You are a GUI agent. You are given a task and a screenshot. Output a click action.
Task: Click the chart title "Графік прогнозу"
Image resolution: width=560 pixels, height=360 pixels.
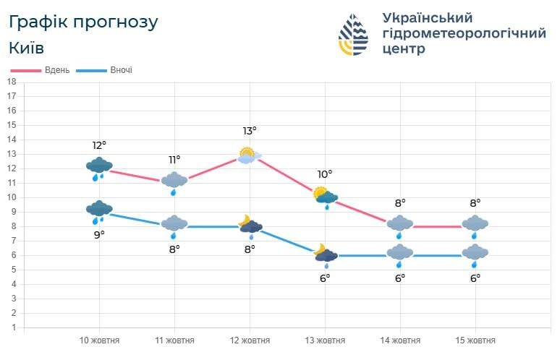[x=83, y=22]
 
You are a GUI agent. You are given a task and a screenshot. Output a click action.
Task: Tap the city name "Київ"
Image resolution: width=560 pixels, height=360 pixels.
[x=27, y=48]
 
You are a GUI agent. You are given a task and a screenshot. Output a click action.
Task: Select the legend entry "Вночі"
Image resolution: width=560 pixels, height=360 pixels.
[x=121, y=70]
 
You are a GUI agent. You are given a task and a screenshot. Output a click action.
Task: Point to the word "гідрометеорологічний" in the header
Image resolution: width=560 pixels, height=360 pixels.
[x=463, y=33]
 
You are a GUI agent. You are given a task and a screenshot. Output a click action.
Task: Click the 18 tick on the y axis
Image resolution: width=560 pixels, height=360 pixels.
[x=12, y=82]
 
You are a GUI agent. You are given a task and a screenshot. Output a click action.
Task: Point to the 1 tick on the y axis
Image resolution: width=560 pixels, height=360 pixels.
[x=12, y=327]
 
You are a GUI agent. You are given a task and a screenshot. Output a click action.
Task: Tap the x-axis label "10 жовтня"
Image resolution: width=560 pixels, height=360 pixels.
[x=99, y=340]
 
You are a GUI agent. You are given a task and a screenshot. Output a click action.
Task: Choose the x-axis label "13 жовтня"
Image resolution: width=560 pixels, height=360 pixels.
[x=325, y=340]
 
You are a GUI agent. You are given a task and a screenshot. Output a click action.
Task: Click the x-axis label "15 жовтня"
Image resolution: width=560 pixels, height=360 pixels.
[x=475, y=340]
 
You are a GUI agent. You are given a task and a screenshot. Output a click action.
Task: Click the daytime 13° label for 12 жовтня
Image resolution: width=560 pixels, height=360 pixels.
[x=250, y=131]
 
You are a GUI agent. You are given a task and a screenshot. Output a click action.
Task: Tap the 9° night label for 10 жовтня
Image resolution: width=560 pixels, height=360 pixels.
[x=99, y=234]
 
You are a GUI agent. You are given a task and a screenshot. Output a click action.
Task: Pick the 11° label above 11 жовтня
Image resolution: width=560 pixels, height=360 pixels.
[x=174, y=160]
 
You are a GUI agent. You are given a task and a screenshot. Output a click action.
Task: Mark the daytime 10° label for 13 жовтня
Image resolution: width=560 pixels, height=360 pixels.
[x=325, y=174]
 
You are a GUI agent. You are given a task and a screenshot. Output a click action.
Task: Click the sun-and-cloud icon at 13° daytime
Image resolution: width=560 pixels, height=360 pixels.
[x=249, y=155]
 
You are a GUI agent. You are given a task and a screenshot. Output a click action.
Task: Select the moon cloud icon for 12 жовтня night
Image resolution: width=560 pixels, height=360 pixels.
[x=250, y=224]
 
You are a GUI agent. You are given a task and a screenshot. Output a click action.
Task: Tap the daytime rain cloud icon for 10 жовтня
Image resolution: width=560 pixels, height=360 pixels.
[x=99, y=168]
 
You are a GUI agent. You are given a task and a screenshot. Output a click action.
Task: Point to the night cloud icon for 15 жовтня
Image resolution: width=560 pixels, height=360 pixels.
[x=475, y=254]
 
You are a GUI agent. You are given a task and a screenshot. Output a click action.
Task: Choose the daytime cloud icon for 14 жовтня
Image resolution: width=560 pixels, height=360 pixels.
[x=400, y=225]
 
